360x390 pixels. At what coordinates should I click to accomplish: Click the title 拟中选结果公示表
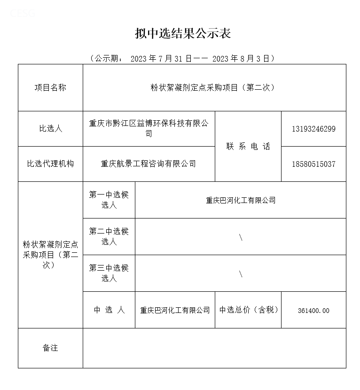click(x=182, y=33)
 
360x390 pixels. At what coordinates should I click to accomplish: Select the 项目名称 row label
click(x=50, y=88)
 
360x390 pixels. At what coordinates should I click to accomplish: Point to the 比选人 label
click(x=50, y=128)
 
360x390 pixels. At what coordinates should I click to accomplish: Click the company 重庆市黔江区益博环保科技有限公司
click(x=149, y=128)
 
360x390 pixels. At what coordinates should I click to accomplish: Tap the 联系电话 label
click(x=248, y=146)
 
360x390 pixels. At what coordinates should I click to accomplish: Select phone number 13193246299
click(x=313, y=129)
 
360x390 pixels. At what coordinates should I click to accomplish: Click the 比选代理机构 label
click(x=50, y=164)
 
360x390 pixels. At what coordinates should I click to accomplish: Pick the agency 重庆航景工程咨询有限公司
click(x=149, y=164)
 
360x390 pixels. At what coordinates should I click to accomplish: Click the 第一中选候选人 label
click(x=109, y=200)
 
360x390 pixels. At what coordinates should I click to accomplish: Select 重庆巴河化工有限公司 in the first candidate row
click(x=241, y=200)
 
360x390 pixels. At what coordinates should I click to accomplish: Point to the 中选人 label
click(x=109, y=310)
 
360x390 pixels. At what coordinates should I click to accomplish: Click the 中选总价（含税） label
click(x=248, y=310)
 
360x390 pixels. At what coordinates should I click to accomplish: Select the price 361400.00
click(x=313, y=311)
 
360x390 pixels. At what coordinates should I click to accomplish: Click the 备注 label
click(x=50, y=348)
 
